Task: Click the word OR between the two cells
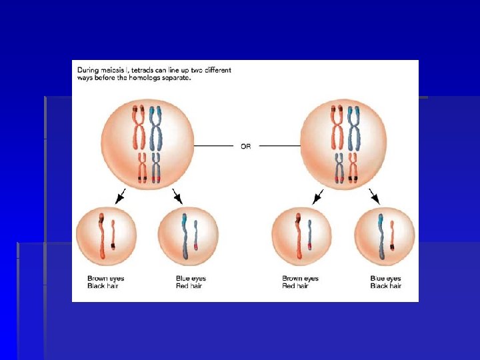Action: click(246, 146)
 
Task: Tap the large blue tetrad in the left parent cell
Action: click(156, 127)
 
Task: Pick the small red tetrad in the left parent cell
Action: click(141, 167)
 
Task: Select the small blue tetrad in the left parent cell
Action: click(156, 167)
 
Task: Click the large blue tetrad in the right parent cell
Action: click(353, 127)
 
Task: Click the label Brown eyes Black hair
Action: click(106, 282)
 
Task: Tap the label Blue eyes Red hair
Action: click(188, 282)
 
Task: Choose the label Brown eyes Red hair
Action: click(301, 282)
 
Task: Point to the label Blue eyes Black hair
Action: click(385, 282)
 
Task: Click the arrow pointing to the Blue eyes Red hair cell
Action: click(177, 196)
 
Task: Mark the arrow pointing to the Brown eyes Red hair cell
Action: click(317, 196)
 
